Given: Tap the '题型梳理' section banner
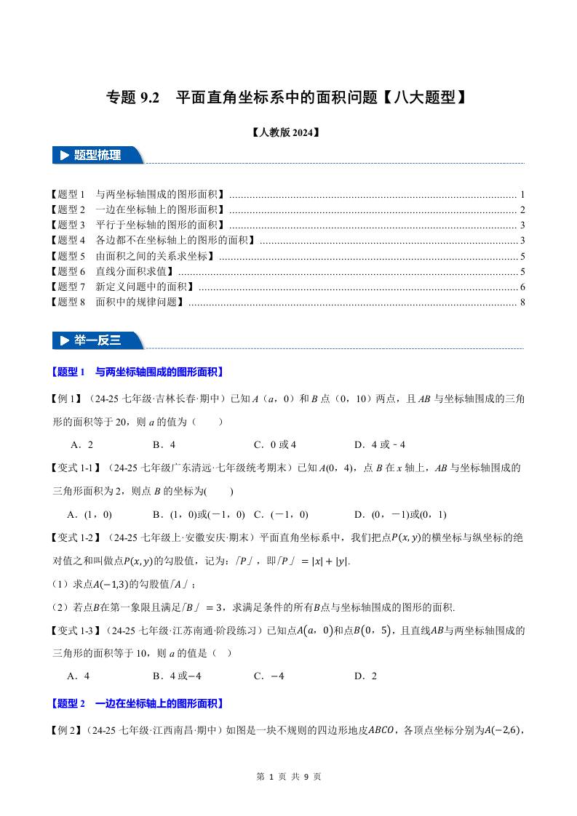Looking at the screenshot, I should (98, 155).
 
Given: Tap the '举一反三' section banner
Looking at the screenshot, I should (98, 340).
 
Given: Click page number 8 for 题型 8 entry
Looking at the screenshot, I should (522, 302).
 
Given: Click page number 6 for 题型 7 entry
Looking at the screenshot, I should (522, 287).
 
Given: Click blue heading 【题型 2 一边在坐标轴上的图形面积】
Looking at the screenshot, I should (138, 703).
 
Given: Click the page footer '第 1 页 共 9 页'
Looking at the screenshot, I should (289, 776).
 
